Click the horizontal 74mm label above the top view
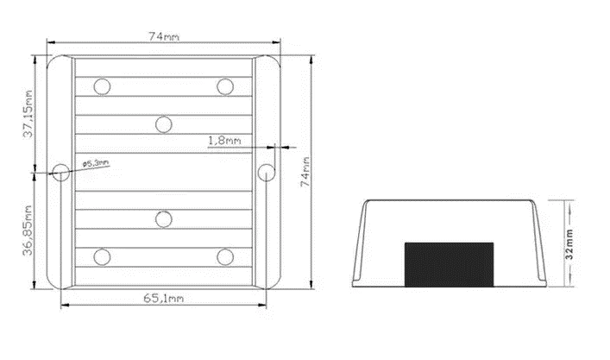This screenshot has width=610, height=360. point(164,35)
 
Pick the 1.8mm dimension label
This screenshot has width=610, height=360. point(224,138)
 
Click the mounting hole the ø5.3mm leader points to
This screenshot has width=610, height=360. point(60,172)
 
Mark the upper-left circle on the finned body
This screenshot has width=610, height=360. point(103,86)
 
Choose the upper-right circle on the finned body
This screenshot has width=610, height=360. point(224,86)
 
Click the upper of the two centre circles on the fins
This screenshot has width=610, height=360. point(163,124)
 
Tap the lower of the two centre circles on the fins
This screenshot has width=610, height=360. point(163,218)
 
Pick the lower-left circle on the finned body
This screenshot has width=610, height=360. point(103,256)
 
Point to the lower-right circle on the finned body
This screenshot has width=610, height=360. point(224,256)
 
